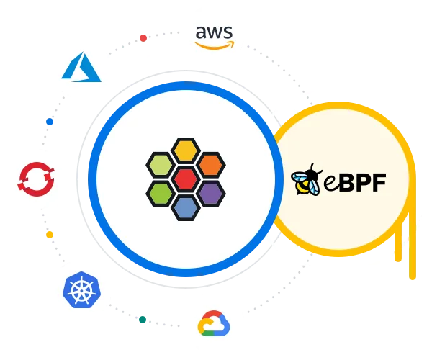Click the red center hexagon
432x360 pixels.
click(x=186, y=178)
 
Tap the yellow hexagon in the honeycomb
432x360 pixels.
click(x=186, y=150)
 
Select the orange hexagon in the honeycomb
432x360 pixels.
click(x=210, y=164)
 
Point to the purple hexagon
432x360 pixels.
click(x=210, y=192)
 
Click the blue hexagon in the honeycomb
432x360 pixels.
click(x=186, y=207)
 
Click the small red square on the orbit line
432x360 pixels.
click(x=143, y=37)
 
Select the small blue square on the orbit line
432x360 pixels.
click(x=49, y=121)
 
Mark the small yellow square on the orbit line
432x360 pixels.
click(x=49, y=235)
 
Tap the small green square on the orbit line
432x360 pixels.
click(x=143, y=318)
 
